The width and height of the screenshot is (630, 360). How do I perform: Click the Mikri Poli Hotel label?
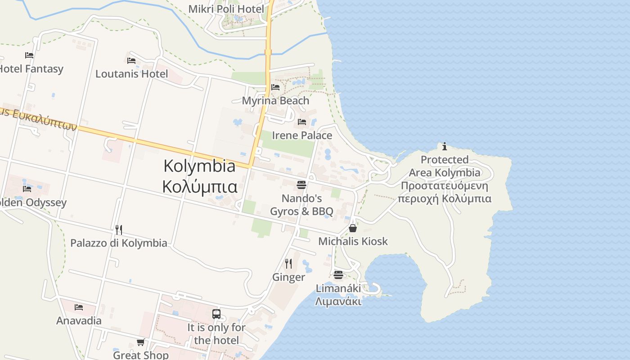(226, 9)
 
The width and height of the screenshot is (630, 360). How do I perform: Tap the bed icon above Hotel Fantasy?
(29, 55)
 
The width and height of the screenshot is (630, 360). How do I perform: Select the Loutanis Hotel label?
(131, 74)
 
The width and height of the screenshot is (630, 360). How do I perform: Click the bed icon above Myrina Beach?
(275, 87)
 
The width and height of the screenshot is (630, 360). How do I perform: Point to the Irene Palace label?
(302, 135)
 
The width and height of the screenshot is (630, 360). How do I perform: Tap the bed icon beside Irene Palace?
(302, 122)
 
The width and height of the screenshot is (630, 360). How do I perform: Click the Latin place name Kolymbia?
(199, 166)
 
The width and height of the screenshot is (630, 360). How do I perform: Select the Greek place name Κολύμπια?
(199, 186)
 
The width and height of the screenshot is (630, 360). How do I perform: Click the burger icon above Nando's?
(301, 185)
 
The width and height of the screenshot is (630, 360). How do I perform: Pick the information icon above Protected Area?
(445, 146)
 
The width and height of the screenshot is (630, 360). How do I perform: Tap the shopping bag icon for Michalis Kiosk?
(353, 228)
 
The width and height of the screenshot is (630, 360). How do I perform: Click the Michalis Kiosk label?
(353, 241)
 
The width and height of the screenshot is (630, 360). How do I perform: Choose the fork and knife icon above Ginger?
(288, 263)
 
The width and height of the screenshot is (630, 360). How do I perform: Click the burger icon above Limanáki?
(338, 274)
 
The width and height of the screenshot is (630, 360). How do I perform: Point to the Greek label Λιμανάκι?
(338, 301)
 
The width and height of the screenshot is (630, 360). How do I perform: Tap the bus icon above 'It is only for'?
(216, 314)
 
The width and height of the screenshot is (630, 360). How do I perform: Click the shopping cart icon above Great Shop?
(141, 342)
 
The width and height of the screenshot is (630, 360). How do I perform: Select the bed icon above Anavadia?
(79, 307)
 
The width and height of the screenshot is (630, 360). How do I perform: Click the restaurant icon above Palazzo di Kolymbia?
(119, 230)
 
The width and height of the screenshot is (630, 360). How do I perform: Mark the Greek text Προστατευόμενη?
(444, 186)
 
